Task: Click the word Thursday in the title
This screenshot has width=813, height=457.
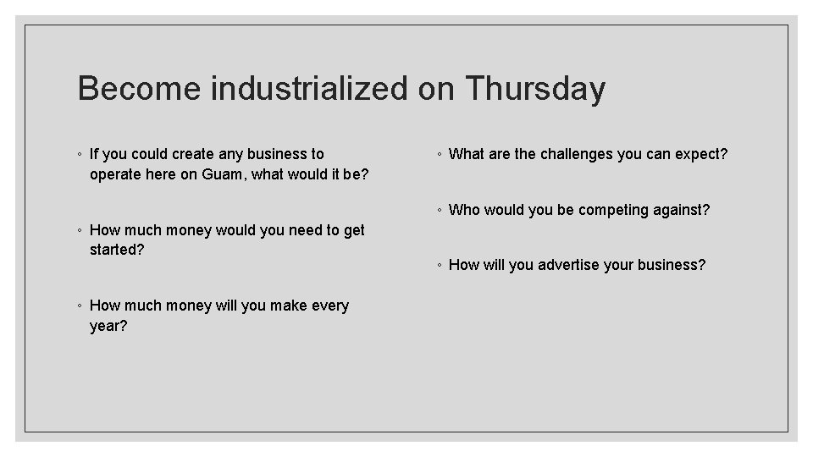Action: coord(535,88)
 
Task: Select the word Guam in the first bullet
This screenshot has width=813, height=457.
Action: coord(223,175)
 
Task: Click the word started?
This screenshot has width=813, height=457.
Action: coord(117,250)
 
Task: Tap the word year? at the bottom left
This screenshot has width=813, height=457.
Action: coord(108,326)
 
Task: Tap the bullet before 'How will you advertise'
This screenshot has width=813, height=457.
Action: coord(438,266)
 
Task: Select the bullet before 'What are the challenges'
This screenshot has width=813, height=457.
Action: coord(438,155)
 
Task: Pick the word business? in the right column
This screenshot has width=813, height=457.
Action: coord(672,265)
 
